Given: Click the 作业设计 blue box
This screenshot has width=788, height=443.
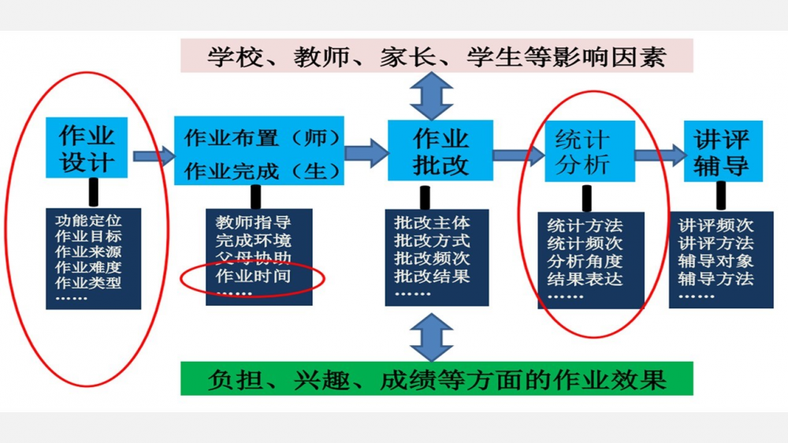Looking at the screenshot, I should click(x=87, y=149).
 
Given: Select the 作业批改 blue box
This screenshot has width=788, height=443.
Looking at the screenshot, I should click(x=440, y=151).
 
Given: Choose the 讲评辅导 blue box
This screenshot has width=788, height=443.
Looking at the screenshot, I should click(x=721, y=151).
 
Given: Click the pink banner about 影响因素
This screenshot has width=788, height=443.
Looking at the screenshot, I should click(x=437, y=57).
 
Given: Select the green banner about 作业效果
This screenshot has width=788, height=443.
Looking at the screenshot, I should click(x=437, y=379).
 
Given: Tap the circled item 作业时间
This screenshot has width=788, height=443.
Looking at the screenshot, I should click(x=253, y=276).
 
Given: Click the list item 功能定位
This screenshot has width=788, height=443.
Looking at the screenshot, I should click(x=87, y=219).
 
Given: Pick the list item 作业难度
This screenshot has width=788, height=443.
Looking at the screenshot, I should click(x=87, y=266).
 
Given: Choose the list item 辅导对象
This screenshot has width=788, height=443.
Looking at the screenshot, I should click(x=716, y=261).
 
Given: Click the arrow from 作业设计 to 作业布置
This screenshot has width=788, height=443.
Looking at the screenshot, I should click(x=154, y=156).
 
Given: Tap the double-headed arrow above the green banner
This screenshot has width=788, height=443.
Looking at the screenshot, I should click(x=432, y=337).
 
